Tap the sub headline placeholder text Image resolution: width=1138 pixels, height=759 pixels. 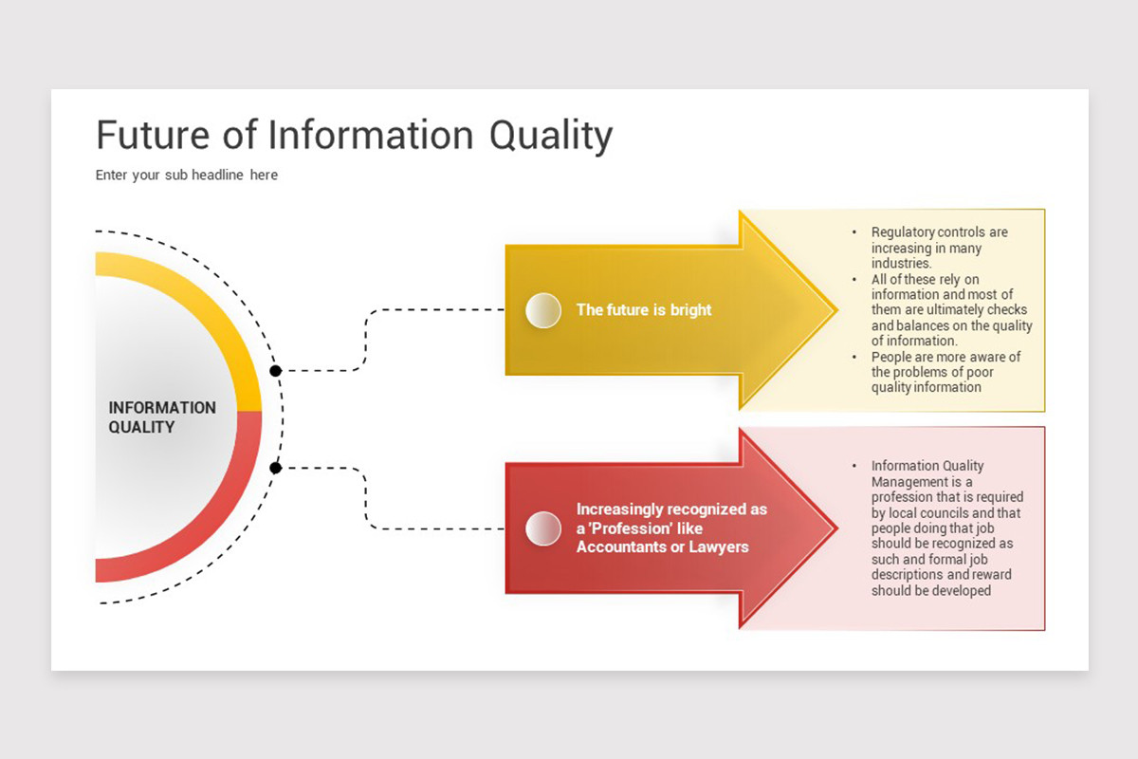(187, 176)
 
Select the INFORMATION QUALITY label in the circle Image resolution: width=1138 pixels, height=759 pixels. (162, 417)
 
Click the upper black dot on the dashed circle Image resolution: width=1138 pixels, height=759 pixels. (275, 371)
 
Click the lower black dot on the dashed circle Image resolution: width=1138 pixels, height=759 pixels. (275, 468)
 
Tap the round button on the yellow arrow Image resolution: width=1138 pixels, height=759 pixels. (543, 310)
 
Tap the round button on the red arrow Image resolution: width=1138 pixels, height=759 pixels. (543, 528)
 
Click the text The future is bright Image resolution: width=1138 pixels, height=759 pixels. (644, 310)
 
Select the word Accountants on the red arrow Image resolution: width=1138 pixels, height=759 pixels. (620, 547)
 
